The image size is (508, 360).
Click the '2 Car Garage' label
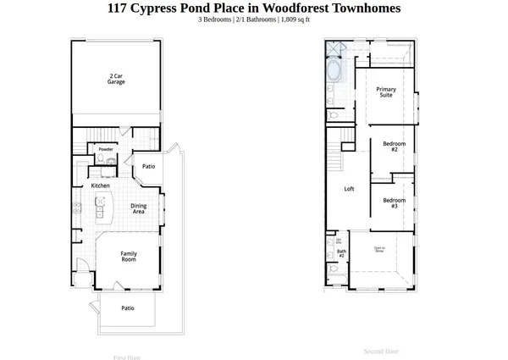tap(116, 79)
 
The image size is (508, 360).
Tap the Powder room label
tap(106, 149)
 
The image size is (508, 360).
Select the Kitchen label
tap(100, 186)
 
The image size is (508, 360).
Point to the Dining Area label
tap(138, 208)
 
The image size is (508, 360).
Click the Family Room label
tap(129, 257)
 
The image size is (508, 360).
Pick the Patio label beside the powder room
tap(148, 166)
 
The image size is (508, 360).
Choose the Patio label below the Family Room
tap(127, 308)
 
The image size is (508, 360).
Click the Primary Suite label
tap(386, 92)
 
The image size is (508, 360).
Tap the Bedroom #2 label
tap(394, 147)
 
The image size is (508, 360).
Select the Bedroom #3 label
tap(394, 203)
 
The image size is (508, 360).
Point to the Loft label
tap(349, 189)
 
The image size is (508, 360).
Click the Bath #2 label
tap(341, 253)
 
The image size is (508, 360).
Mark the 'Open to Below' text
tap(379, 249)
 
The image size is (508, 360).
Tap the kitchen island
tap(100, 206)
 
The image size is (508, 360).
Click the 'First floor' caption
tap(127, 357)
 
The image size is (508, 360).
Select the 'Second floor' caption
tap(381, 351)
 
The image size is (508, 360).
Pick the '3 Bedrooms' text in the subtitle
tap(215, 19)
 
